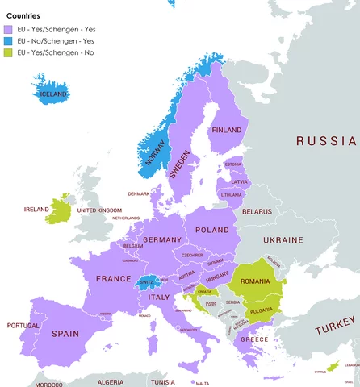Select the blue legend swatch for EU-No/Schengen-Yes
tap(10, 40)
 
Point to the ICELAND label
tap(53, 94)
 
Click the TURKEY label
tap(334, 330)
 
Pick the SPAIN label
tap(66, 333)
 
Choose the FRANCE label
tap(113, 278)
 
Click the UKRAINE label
tap(283, 240)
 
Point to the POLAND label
tap(212, 230)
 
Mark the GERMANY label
tap(161, 240)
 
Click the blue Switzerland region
tap(146, 283)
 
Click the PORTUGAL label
tap(23, 326)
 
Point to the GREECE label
tap(253, 339)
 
